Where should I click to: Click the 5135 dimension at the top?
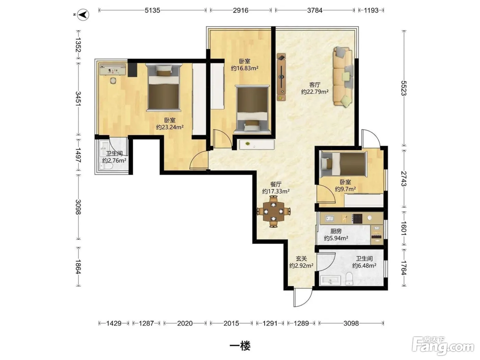point(153,10)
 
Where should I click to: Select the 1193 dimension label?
point(371,10)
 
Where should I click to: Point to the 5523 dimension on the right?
point(404,88)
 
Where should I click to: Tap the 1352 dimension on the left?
point(78,45)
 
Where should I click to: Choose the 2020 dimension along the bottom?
point(185,323)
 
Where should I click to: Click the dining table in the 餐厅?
point(273,212)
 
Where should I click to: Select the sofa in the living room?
point(343,77)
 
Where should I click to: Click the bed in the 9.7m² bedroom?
point(343,164)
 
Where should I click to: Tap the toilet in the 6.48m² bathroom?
point(349,279)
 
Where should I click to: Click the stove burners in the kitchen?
point(357,219)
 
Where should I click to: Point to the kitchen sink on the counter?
point(329,218)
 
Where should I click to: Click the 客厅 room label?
point(315,85)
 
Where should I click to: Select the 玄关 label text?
point(301,259)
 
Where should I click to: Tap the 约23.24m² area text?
point(170,127)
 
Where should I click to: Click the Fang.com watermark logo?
point(443,346)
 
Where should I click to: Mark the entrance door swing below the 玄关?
point(302,298)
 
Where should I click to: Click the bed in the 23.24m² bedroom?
point(164,87)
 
